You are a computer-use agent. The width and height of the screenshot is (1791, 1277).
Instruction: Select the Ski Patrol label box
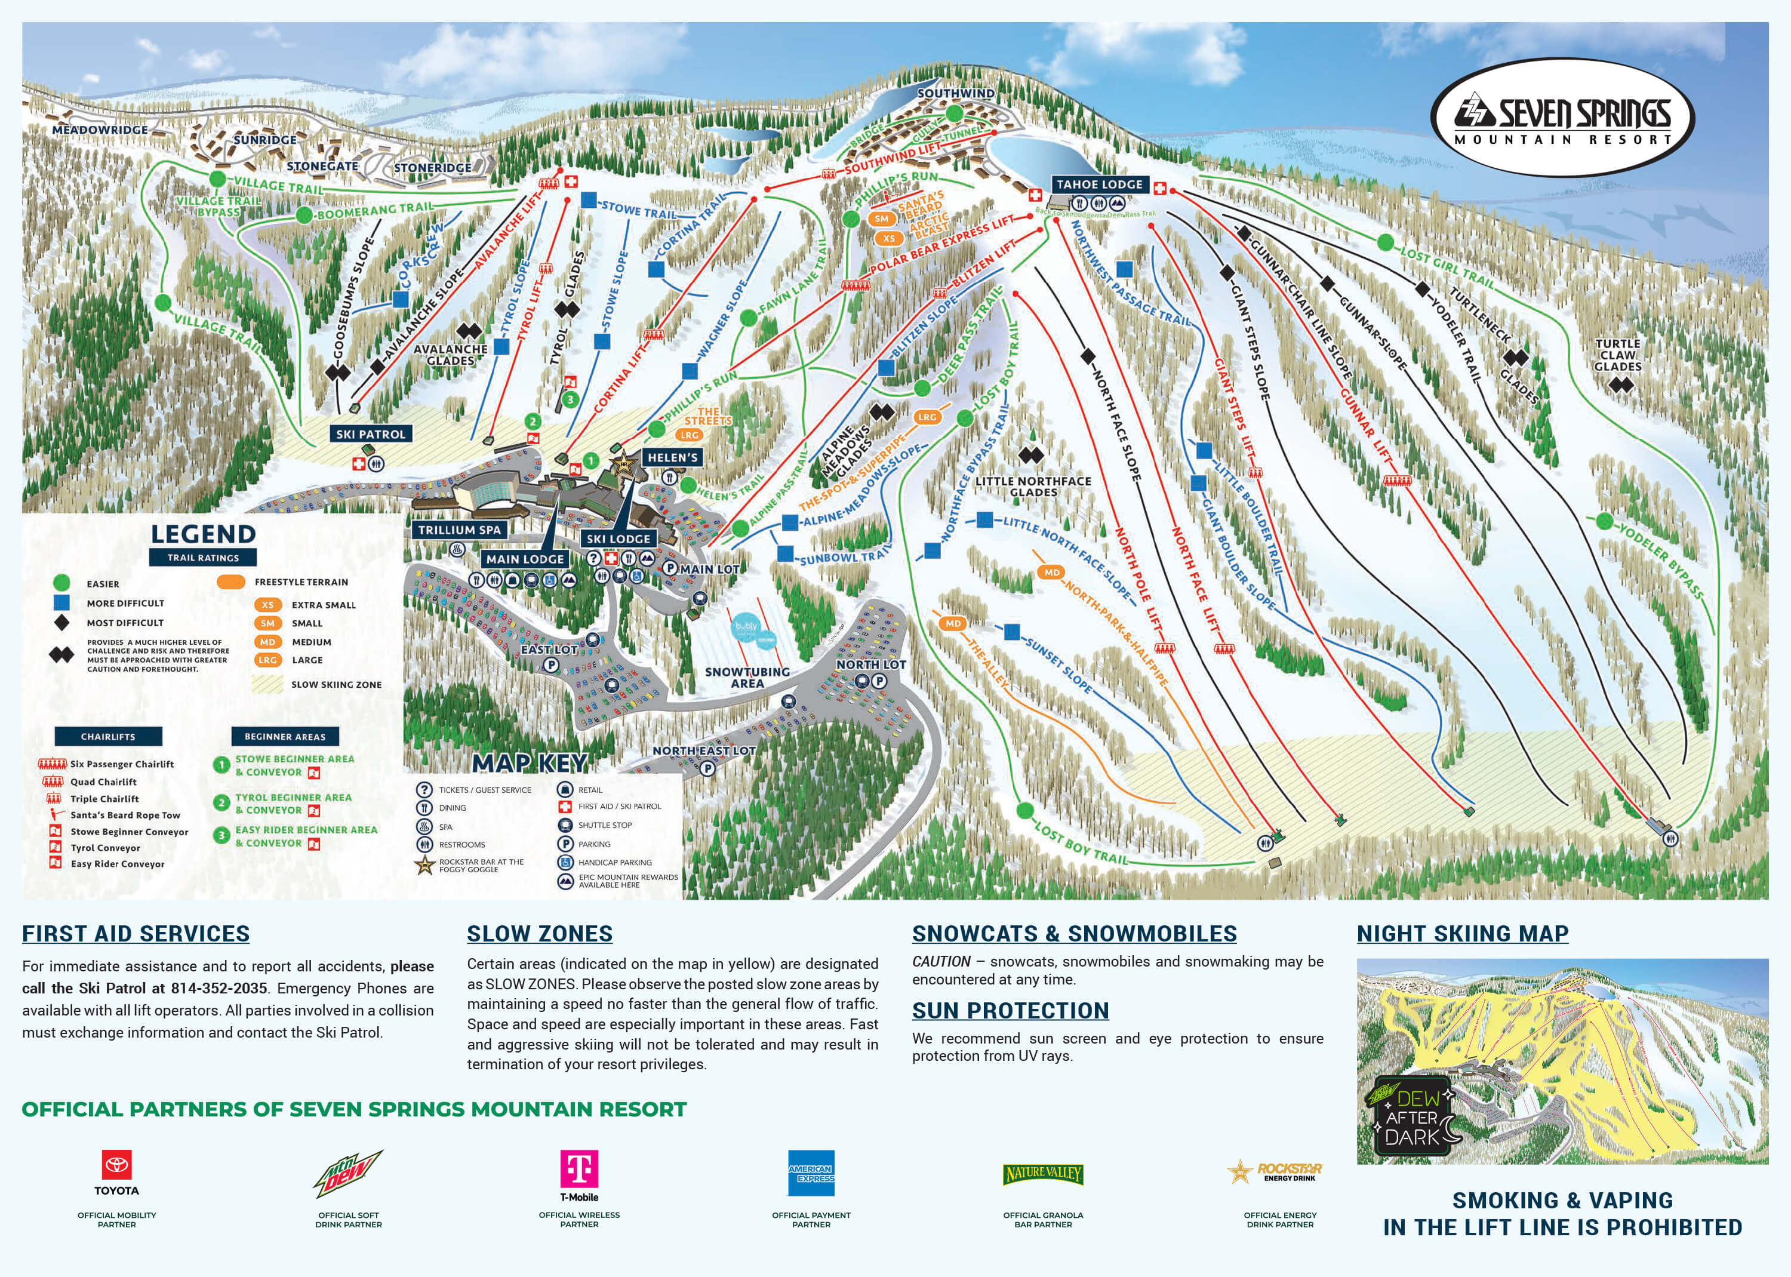(370, 434)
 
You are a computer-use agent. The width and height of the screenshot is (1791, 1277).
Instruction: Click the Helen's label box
(672, 458)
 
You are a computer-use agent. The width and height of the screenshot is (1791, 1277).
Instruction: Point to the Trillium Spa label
(459, 530)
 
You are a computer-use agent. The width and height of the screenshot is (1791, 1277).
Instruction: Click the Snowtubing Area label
(747, 678)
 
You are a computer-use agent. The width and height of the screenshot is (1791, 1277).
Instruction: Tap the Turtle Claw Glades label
(1617, 355)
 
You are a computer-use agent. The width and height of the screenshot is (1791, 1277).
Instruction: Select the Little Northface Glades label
(1033, 487)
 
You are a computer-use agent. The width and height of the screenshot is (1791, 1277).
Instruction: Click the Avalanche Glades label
(451, 355)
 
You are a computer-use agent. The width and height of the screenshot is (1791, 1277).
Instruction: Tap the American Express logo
(811, 1173)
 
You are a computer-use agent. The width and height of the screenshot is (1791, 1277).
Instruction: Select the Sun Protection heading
(1010, 1010)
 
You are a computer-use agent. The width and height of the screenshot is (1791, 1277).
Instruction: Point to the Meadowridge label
(100, 130)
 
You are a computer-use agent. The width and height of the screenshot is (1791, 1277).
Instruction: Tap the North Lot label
(870, 664)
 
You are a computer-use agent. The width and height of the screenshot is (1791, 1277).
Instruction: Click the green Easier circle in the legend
(61, 583)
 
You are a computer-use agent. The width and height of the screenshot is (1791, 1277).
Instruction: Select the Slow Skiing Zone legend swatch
(267, 684)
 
